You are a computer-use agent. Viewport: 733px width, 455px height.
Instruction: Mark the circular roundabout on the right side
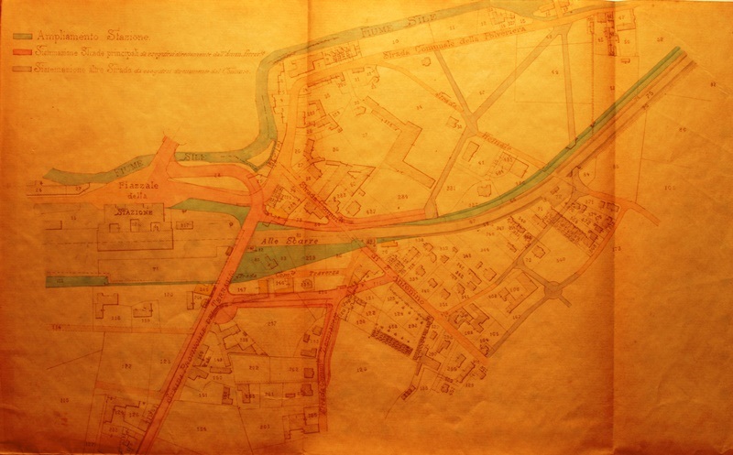click(x=552, y=292)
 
